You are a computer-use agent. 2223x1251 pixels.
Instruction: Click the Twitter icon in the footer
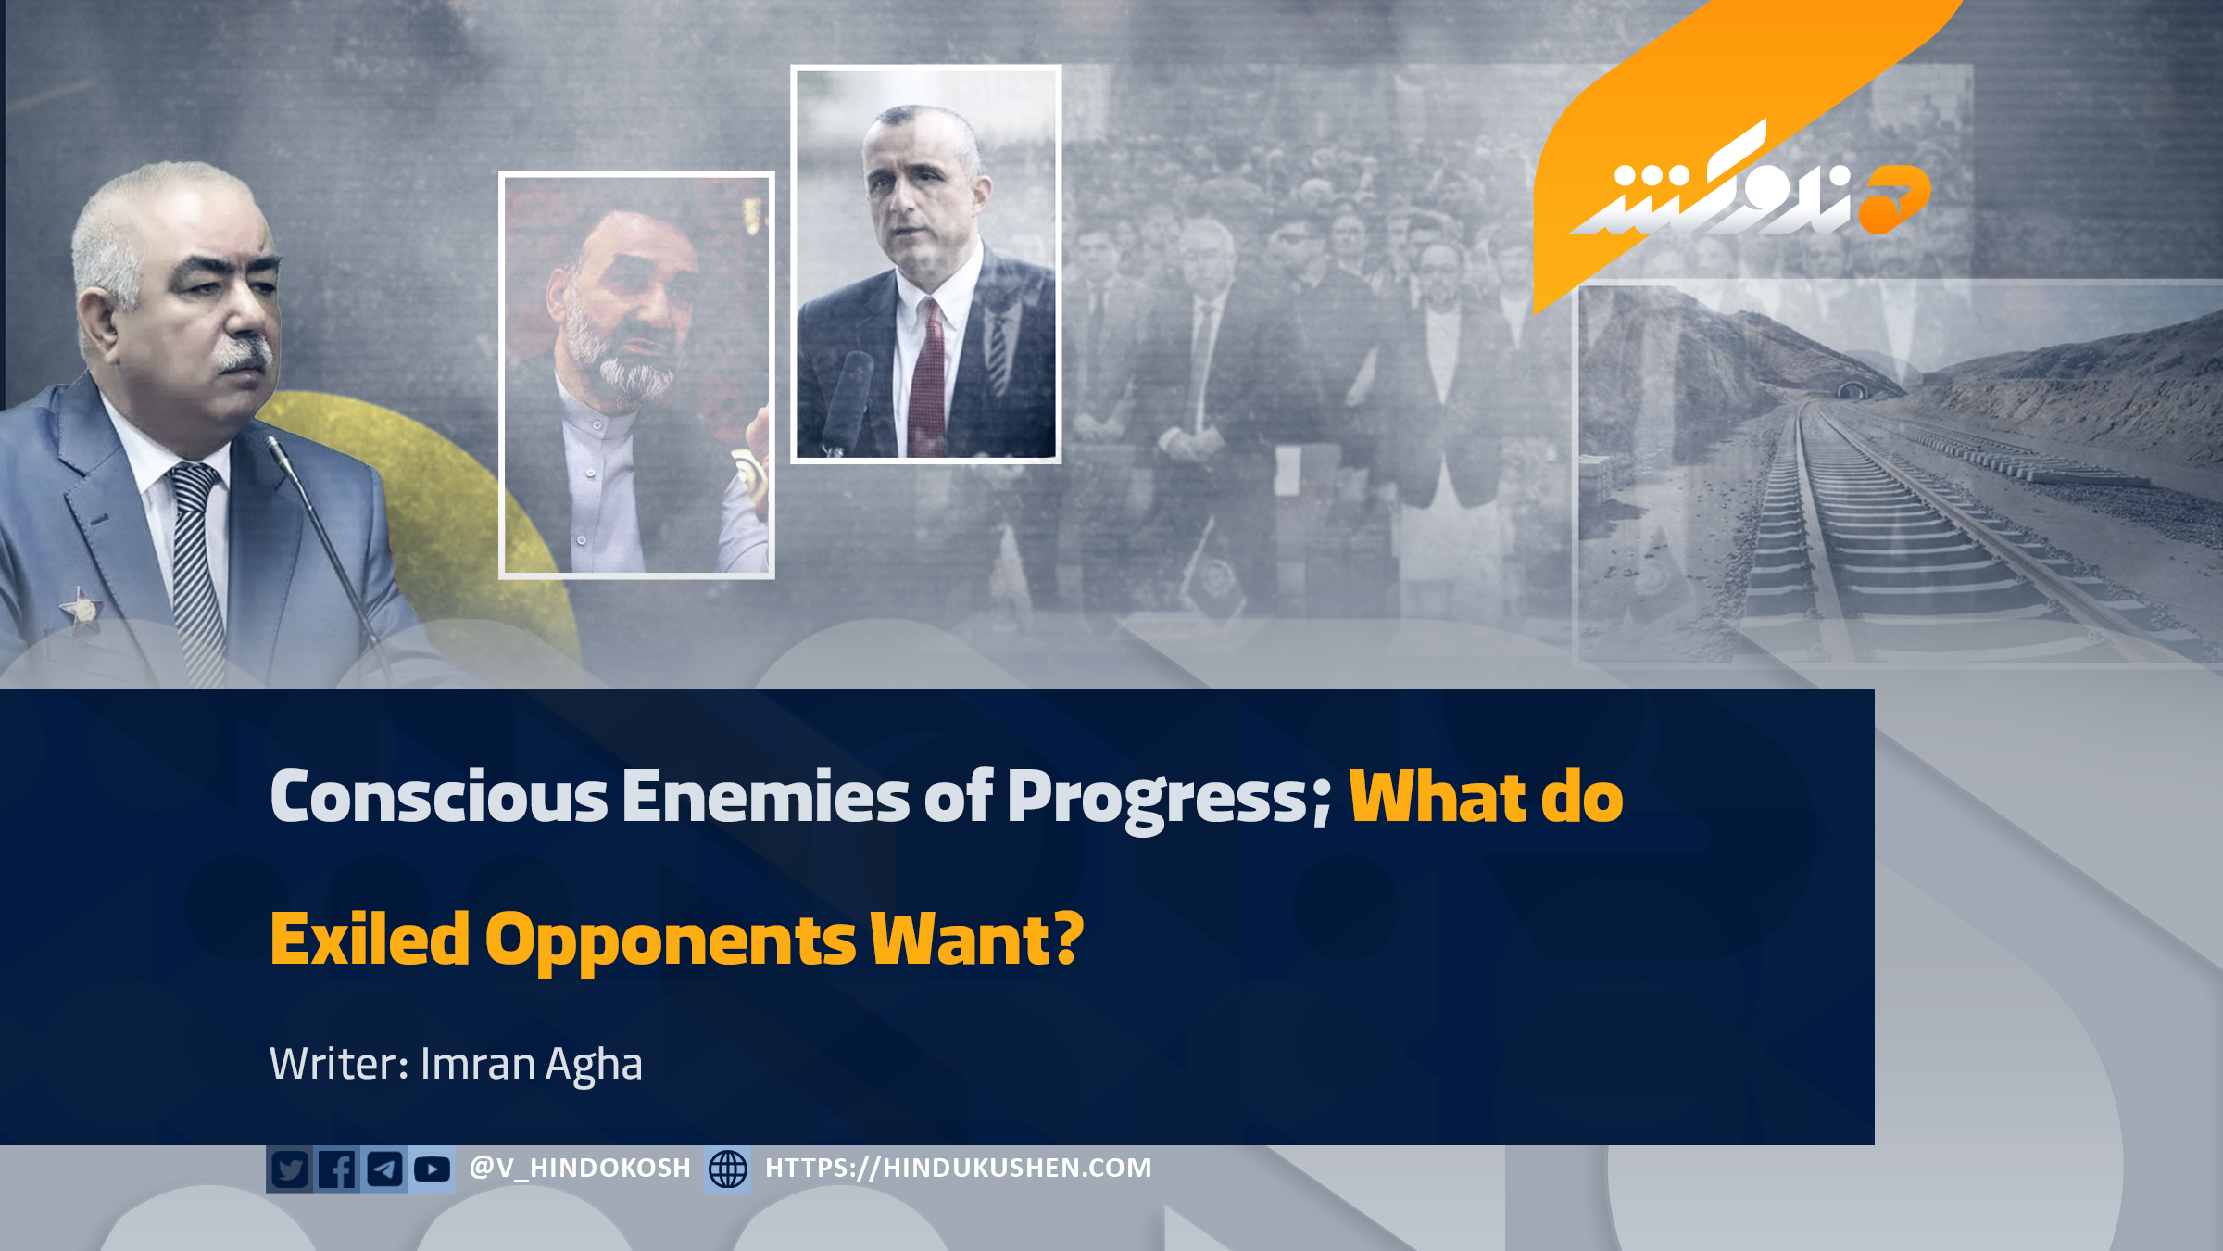290,1169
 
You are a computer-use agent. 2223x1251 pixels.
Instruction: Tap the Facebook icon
337,1169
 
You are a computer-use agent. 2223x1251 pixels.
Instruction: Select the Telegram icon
384,1169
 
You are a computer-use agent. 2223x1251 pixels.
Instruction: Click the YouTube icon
432,1169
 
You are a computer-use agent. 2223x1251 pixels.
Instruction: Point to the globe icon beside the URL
727,1169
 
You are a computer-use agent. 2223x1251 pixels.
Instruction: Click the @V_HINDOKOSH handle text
580,1169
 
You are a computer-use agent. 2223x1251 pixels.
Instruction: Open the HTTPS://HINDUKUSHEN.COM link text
959,1169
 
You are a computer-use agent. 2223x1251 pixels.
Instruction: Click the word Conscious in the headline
439,796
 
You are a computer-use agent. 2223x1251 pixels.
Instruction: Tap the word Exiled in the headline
370,939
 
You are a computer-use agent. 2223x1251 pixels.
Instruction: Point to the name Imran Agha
531,1065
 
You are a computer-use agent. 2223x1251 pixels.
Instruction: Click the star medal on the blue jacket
82,610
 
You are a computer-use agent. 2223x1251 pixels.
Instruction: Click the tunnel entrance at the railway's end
1850,390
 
